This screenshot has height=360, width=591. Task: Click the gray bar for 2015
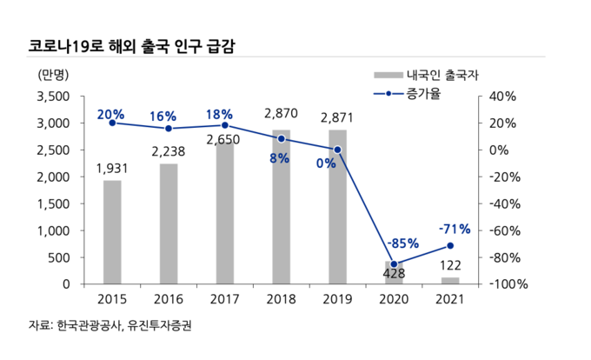tap(112, 231)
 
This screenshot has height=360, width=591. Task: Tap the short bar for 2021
tap(450, 280)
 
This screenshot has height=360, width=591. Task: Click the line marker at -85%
tap(394, 264)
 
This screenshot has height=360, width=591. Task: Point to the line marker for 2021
tap(450, 245)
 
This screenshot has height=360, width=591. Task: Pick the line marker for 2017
tap(225, 125)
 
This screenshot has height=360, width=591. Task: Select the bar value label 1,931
tap(112, 169)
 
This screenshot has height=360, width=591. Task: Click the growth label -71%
tap(455, 230)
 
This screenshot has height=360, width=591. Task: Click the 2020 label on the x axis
tap(394, 299)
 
